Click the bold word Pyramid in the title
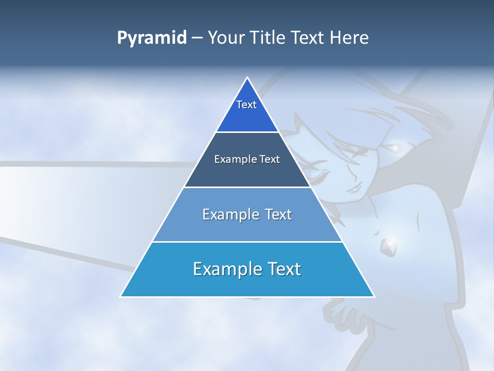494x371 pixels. pos(152,38)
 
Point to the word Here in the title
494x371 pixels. pos(349,38)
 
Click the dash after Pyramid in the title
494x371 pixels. pos(197,38)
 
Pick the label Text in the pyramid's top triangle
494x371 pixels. pos(246,105)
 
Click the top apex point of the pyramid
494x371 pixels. pos(248,78)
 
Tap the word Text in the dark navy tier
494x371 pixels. pos(270,159)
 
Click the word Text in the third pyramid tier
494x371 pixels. pos(278,214)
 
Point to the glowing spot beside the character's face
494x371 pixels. pos(395,148)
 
